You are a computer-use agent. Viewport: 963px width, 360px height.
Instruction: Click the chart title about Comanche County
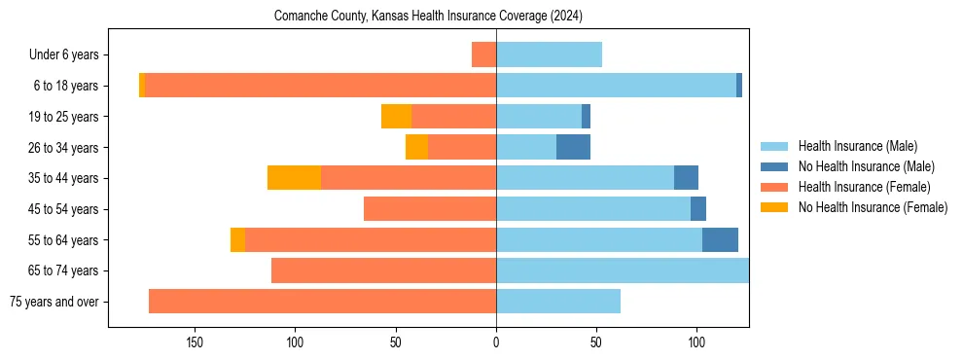(428, 17)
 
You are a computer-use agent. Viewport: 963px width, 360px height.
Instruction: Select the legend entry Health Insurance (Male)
(851, 146)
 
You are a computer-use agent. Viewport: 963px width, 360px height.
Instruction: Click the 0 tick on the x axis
(496, 342)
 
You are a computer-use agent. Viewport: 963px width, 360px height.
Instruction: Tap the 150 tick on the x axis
(194, 342)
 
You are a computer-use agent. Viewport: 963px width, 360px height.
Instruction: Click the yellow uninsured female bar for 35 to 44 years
(294, 178)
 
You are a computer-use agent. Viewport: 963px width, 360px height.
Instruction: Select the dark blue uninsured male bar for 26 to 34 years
(573, 147)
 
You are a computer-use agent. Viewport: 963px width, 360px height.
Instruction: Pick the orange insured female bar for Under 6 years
(483, 54)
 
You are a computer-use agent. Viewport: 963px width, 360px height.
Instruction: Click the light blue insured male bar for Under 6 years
(549, 54)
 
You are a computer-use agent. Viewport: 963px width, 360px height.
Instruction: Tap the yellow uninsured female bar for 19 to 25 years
(396, 116)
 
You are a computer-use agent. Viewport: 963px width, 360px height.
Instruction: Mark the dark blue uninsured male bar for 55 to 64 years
(720, 239)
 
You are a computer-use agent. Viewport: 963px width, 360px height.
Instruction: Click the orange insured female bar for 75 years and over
(322, 302)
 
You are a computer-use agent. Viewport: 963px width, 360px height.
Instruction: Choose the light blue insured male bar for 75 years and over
(558, 302)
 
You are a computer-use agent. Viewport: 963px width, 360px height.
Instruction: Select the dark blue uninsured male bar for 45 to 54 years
(698, 208)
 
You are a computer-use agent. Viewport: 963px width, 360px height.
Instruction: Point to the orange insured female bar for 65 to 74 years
(383, 270)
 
